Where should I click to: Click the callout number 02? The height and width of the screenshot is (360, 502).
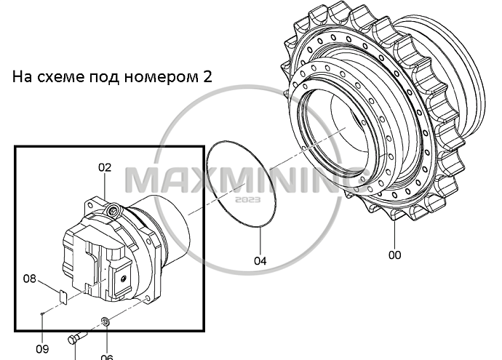pos(105,167)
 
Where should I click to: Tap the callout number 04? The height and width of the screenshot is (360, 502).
pos(260,260)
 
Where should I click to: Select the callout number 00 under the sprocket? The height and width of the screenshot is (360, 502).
pos(394,255)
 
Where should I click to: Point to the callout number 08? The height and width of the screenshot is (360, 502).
pos(30,278)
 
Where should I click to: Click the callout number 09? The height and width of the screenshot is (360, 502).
pos(42,348)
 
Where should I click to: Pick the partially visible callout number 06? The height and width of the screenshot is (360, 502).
pos(106,356)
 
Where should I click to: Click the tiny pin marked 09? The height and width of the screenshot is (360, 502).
pos(43,313)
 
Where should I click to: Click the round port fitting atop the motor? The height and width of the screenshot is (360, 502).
pos(112,209)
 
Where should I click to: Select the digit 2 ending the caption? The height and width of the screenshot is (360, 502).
pos(207,77)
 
